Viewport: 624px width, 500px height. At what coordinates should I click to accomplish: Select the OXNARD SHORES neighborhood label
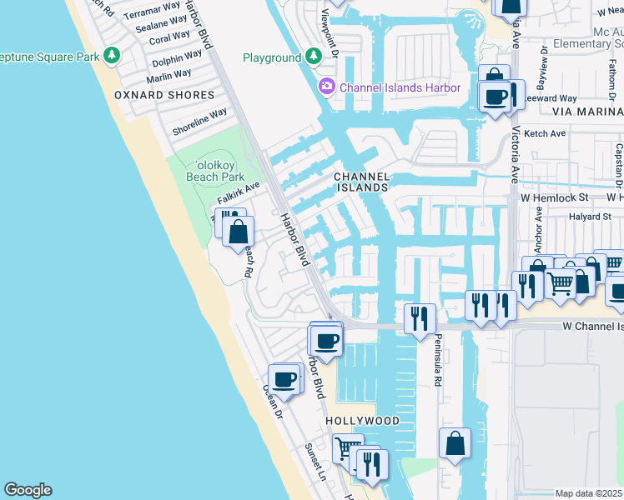[164, 95]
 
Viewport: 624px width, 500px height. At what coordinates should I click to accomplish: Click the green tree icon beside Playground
[313, 57]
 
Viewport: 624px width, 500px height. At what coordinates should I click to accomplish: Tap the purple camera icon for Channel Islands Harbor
[327, 87]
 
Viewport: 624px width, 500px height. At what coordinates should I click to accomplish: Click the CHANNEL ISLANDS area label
[361, 182]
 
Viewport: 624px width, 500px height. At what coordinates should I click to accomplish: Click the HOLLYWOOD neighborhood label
[362, 421]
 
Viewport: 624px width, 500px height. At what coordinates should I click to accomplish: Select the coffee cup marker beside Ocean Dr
[284, 379]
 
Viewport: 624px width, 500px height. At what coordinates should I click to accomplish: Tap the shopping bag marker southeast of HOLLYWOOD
[455, 443]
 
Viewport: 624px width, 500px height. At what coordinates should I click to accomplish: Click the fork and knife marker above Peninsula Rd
[420, 317]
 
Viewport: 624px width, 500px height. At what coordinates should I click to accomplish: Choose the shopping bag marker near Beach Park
[238, 231]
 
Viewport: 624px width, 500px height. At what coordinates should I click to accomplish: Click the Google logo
[27, 490]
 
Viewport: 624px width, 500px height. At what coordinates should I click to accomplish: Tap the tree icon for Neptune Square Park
[110, 55]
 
